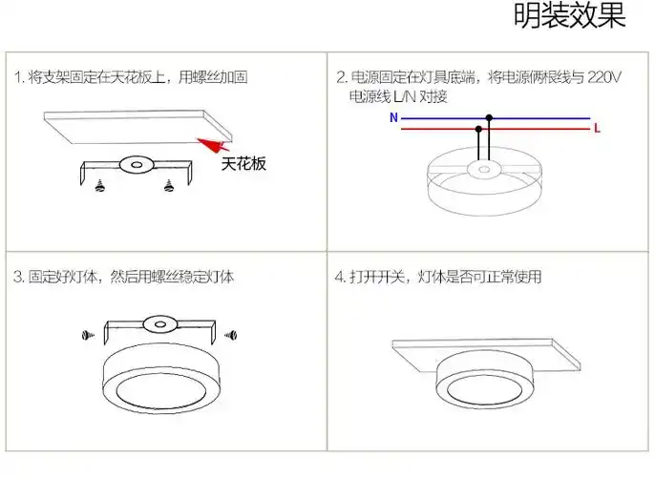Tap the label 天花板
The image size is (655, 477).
point(243,164)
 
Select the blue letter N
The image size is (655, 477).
point(393,118)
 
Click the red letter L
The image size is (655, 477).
point(597,127)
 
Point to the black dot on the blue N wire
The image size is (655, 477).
point(489,118)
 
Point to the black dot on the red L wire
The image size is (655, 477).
point(478,127)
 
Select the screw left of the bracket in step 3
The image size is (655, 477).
point(84,335)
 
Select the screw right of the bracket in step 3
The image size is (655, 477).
point(229,335)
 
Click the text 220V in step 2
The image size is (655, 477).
point(605,77)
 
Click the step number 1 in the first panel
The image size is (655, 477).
point(17,77)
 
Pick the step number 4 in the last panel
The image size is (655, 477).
point(338,278)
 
